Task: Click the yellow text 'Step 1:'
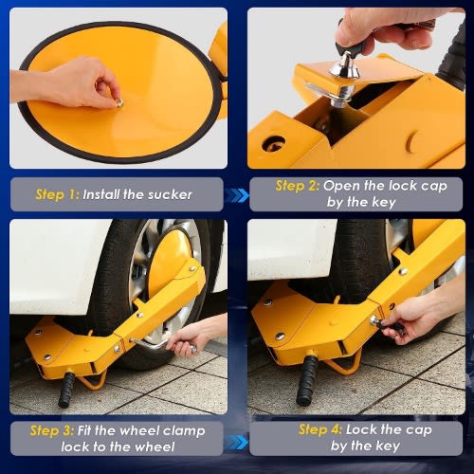pyautogui.click(x=57, y=194)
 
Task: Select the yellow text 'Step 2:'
pyautogui.click(x=298, y=186)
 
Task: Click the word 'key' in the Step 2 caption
pyautogui.click(x=384, y=202)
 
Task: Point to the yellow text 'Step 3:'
pyautogui.click(x=52, y=430)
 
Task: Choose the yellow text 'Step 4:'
pyautogui.click(x=320, y=429)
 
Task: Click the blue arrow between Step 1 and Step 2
pyautogui.click(x=236, y=195)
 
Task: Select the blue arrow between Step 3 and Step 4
pyautogui.click(x=236, y=442)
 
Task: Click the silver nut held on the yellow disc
pyautogui.click(x=118, y=102)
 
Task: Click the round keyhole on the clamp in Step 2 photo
pyautogui.click(x=274, y=144)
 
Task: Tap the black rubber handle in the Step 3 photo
pyautogui.click(x=66, y=390)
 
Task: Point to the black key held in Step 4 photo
pyautogui.click(x=387, y=325)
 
